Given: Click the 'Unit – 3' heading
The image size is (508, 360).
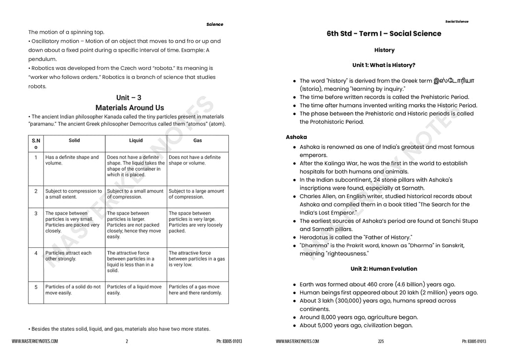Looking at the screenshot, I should tap(129, 98).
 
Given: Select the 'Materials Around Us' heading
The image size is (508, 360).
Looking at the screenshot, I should tap(129, 108).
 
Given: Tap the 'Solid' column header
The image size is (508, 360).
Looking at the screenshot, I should tap(74, 141).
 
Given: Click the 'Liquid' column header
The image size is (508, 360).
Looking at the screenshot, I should tap(135, 141).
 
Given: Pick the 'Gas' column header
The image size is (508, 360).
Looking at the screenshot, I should tap(197, 141).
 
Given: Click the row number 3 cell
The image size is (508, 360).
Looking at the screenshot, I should tap(36, 214).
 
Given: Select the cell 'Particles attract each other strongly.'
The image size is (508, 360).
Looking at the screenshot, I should tap(68, 256).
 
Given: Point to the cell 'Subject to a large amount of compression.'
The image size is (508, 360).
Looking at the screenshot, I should tap(196, 194).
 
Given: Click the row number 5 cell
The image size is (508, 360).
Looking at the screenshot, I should tap(36, 287).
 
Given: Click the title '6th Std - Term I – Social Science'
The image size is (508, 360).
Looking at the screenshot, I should tap(383, 34).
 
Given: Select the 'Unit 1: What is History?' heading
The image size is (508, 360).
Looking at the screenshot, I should tap(383, 65).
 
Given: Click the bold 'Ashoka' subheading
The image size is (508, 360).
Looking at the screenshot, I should tap(296, 137).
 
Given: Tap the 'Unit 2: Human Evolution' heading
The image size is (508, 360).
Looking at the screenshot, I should tap(383, 269).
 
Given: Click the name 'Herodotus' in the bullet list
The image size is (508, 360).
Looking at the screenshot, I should tap(316, 237).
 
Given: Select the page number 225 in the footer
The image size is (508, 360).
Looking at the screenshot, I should tap(381, 341).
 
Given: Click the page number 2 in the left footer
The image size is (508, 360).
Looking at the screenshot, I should tap(127, 341).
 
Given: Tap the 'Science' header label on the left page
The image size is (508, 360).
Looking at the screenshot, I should tap(215, 24).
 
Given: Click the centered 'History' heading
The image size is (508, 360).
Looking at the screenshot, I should tap(384, 50).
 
